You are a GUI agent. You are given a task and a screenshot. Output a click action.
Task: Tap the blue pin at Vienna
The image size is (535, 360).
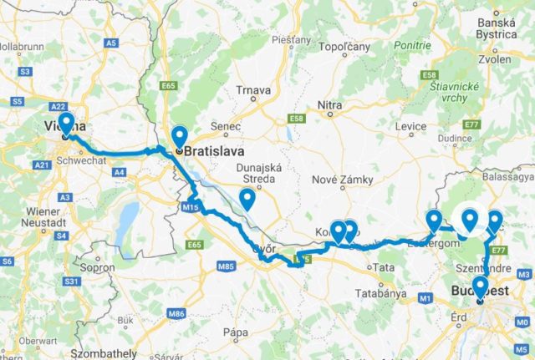(65, 124)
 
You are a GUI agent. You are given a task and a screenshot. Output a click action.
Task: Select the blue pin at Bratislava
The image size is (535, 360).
(179, 138)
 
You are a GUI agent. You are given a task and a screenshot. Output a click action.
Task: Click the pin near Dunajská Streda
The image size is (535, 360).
(247, 199)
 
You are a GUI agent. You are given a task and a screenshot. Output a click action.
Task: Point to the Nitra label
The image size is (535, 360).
(330, 104)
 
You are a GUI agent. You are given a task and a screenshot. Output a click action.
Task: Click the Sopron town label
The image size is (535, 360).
(96, 269)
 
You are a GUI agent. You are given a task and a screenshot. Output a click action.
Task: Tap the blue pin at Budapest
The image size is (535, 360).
(479, 288)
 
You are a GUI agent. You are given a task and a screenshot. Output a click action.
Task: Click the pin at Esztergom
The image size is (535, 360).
(434, 221)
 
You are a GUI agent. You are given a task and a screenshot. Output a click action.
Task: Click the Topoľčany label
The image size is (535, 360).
(344, 47)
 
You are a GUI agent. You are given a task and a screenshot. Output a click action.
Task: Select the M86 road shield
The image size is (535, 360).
(176, 313)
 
